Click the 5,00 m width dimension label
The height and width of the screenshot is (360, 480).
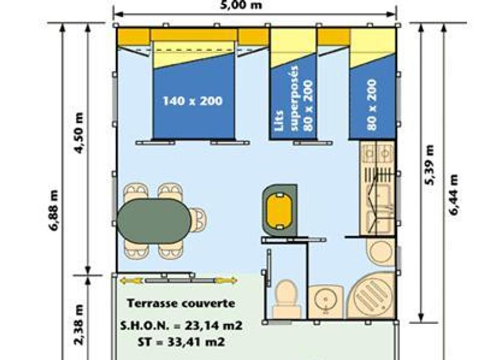(x=242, y=5)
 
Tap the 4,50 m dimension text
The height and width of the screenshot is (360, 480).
(x=79, y=133)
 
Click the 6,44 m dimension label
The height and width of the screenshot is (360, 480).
(x=453, y=195)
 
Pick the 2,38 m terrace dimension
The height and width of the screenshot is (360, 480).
(x=79, y=324)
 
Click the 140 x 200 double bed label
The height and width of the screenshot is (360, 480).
(x=193, y=101)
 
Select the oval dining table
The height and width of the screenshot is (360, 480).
(x=155, y=221)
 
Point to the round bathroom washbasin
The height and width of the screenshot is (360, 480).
(x=326, y=300)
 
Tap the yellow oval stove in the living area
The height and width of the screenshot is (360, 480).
(x=279, y=211)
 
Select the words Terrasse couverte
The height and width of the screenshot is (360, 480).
(x=181, y=303)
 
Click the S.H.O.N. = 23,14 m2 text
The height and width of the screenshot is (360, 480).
(x=181, y=326)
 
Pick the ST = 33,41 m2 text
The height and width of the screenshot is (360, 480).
(x=181, y=342)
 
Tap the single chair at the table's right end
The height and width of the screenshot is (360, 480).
(x=198, y=219)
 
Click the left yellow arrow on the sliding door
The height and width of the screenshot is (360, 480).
(x=131, y=281)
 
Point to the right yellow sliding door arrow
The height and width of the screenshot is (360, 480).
(x=226, y=280)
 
